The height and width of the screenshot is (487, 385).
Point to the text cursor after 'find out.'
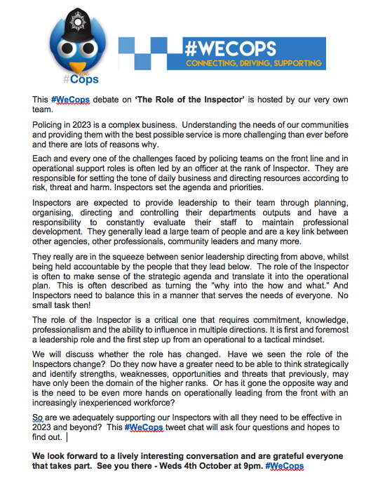67,437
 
